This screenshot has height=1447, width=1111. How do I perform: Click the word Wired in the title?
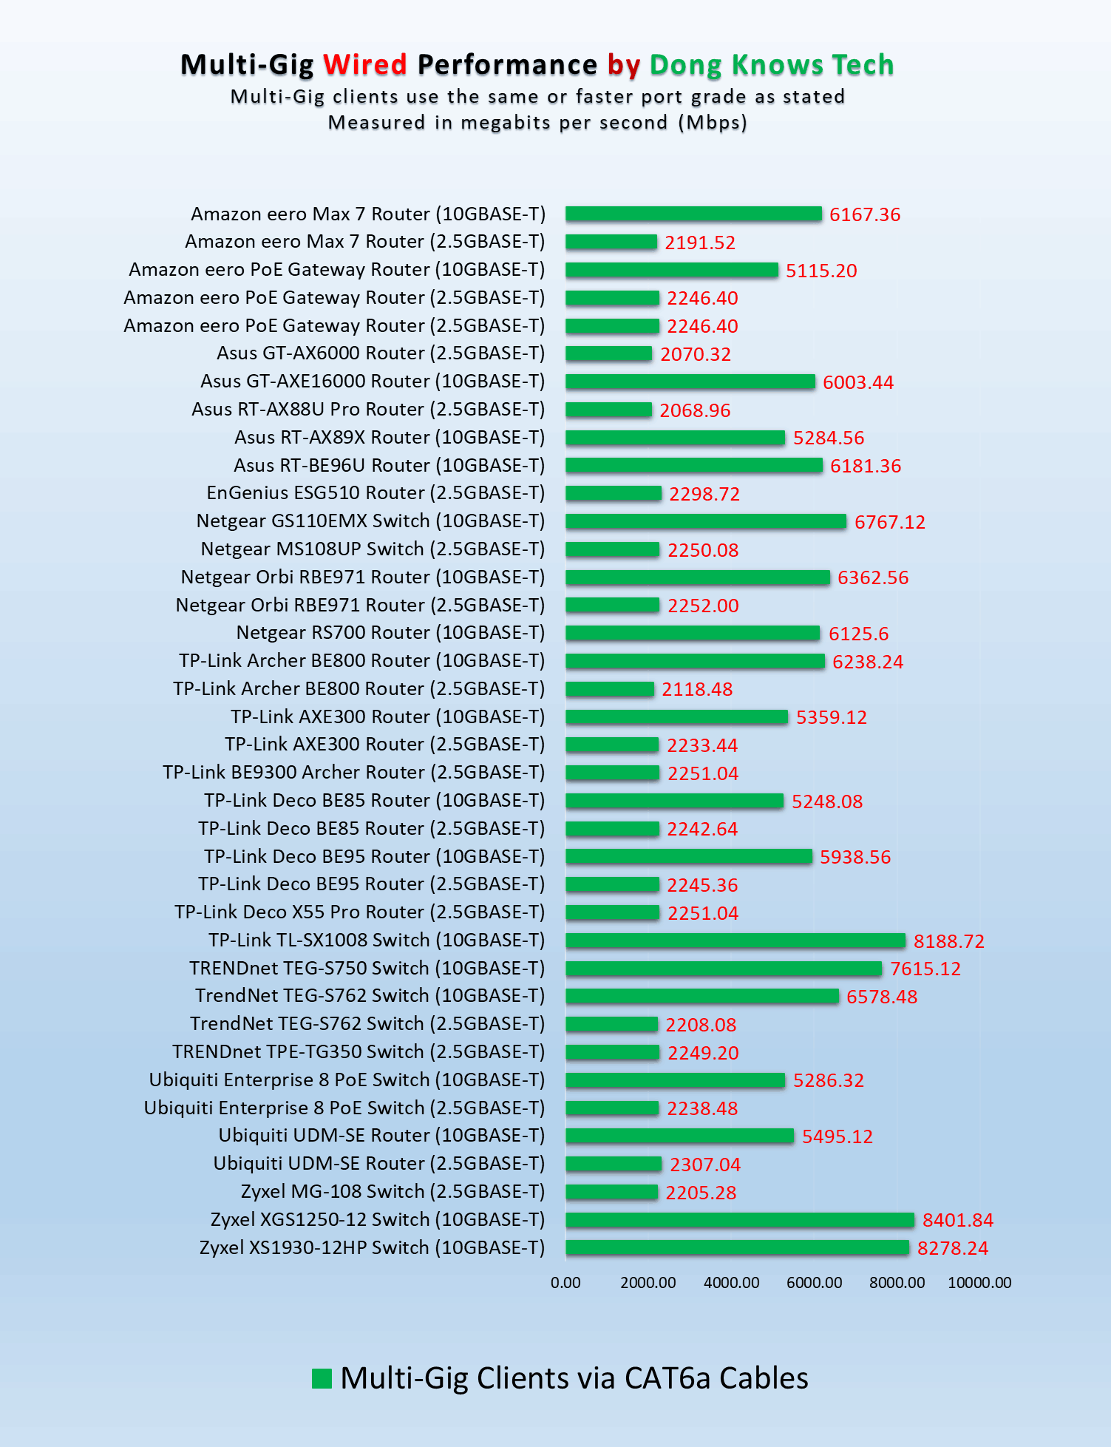(x=365, y=65)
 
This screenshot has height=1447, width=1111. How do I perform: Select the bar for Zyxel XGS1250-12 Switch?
(x=740, y=1220)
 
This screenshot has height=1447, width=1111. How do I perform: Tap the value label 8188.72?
(x=949, y=941)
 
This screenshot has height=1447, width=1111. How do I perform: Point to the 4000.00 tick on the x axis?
(x=731, y=1283)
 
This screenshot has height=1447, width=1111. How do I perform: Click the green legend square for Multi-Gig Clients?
(x=322, y=1379)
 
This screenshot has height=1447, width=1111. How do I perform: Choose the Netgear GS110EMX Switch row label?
(x=370, y=521)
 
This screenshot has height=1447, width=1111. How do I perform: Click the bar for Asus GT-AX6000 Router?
(x=609, y=354)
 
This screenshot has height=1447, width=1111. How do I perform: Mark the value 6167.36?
(x=865, y=215)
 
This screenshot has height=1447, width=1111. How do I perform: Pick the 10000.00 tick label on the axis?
(x=979, y=1283)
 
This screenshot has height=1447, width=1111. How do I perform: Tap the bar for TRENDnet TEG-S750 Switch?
(x=724, y=969)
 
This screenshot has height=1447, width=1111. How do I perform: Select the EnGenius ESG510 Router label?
(x=376, y=493)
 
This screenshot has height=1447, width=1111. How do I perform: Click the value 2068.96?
(x=695, y=410)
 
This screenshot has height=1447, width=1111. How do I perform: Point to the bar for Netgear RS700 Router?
(x=693, y=633)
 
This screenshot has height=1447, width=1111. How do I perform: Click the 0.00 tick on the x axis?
(x=565, y=1283)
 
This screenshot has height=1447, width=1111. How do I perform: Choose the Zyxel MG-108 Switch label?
(x=393, y=1192)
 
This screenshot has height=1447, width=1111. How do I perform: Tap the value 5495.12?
(x=838, y=1136)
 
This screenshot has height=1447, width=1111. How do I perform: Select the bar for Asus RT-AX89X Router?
(x=675, y=438)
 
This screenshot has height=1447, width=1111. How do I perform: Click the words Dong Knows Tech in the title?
(x=772, y=65)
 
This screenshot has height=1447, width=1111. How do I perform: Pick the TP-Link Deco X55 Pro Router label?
(x=359, y=912)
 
